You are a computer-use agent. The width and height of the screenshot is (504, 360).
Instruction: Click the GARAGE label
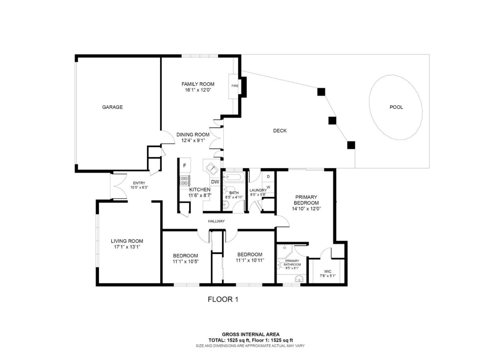(x=112, y=107)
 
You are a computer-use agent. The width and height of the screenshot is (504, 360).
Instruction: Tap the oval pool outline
(x=395, y=107)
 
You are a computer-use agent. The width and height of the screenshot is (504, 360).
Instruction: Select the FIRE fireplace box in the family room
(x=234, y=86)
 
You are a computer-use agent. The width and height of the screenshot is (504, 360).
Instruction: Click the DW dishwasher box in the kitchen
(x=215, y=182)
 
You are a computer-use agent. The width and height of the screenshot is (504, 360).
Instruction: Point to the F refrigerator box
(x=184, y=165)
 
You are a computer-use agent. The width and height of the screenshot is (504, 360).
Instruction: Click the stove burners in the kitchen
(x=184, y=180)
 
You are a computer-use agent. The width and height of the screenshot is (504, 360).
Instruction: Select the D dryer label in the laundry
(x=268, y=177)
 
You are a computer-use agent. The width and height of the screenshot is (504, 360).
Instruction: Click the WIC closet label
(x=328, y=271)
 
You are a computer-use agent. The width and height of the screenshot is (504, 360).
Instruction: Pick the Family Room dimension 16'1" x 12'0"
(x=198, y=90)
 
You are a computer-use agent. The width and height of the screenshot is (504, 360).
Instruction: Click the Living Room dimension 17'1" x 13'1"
(x=127, y=247)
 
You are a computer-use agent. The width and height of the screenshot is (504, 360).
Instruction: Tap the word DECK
(x=280, y=130)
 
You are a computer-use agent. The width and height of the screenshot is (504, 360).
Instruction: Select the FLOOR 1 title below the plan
(x=223, y=299)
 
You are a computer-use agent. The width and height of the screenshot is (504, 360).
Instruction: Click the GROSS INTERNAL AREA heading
(x=251, y=334)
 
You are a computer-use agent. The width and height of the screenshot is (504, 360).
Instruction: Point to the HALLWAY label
(x=216, y=221)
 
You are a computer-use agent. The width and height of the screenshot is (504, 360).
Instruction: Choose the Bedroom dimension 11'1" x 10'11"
(x=250, y=260)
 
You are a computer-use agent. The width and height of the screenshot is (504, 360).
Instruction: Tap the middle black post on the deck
(x=332, y=121)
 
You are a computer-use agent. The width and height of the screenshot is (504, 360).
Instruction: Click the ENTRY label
(x=139, y=183)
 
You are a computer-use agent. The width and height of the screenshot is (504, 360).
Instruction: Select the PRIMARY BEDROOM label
(x=306, y=200)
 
